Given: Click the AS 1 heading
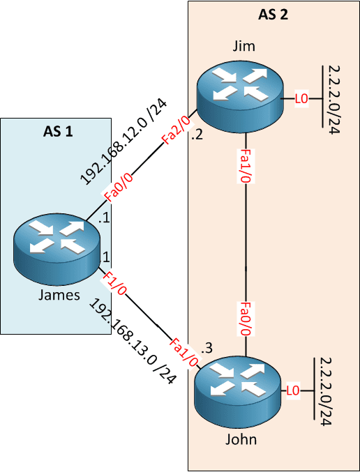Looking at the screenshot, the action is [58, 132].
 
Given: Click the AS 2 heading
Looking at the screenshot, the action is [273, 15].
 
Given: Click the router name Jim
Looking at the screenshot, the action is [244, 46].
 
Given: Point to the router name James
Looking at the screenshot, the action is [59, 295].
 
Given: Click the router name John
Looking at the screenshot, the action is [241, 439].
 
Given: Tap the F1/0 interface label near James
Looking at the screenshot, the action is [114, 284].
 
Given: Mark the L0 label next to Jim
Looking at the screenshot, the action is [301, 99].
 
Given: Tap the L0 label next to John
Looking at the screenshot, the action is [293, 390].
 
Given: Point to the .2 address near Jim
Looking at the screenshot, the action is [197, 136].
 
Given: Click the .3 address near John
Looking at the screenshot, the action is [207, 349].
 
